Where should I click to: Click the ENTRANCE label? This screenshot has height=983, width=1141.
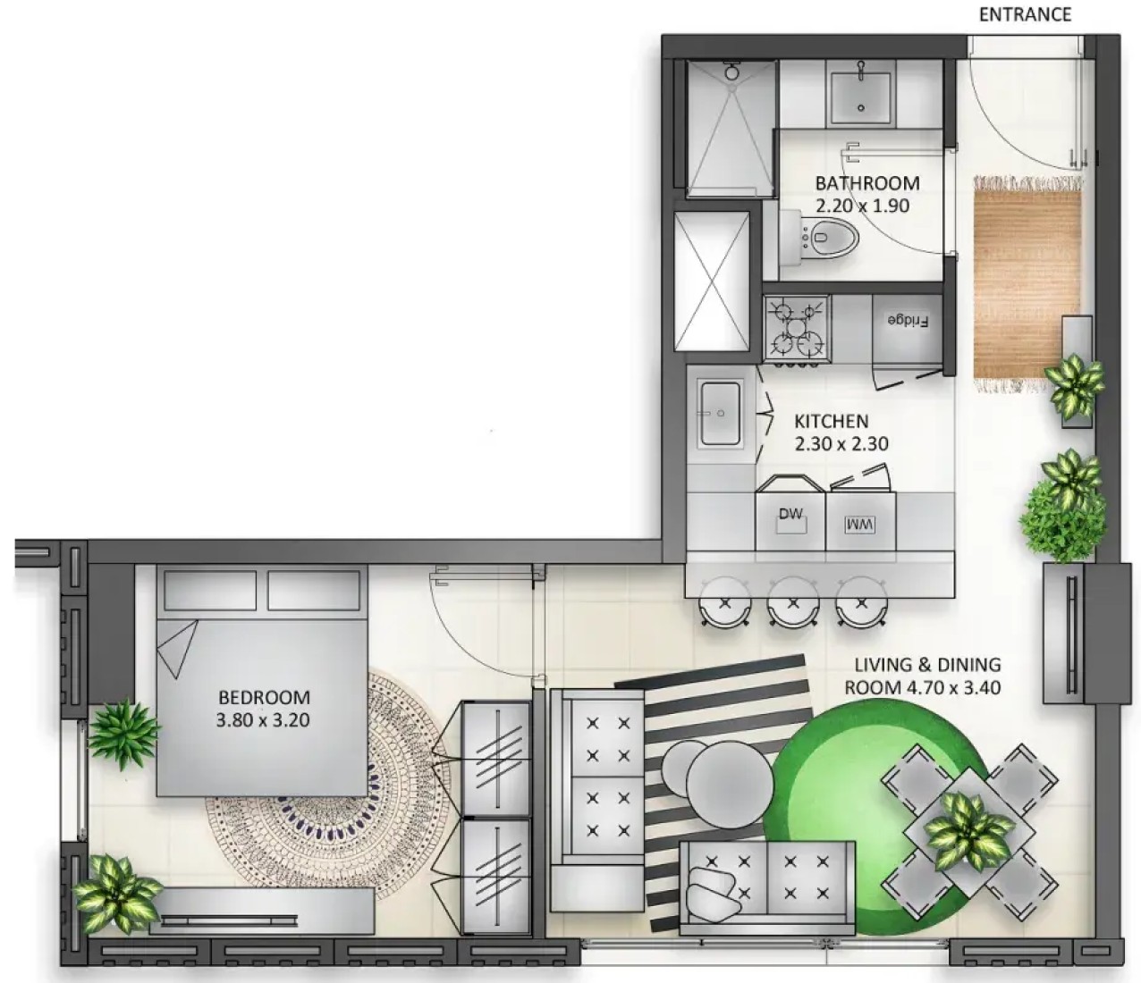tap(1025, 14)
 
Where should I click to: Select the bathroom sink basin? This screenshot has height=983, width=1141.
tap(860, 98)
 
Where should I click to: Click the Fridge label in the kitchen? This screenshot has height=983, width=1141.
tap(907, 321)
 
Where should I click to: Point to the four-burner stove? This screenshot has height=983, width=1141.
tap(796, 330)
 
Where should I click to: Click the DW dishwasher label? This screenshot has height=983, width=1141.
tap(790, 514)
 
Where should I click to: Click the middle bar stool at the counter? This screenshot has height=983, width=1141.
tap(793, 601)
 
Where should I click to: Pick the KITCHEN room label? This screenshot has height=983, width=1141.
tap(832, 422)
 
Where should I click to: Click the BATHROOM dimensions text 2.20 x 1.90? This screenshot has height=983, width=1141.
tap(862, 206)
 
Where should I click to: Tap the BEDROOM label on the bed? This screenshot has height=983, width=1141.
tap(264, 697)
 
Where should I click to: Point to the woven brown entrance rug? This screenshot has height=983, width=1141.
tap(1027, 284)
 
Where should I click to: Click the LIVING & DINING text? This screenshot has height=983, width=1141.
tap(928, 665)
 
